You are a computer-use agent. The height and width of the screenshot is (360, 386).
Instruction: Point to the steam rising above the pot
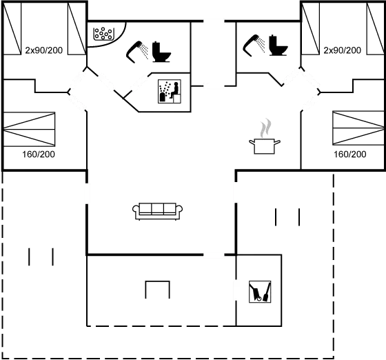point(263,129)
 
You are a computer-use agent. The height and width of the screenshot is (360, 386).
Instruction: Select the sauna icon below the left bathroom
point(170,90)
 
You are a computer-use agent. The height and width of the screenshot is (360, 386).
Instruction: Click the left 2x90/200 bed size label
point(43,51)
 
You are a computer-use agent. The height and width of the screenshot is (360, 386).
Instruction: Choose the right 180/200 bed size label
point(349,154)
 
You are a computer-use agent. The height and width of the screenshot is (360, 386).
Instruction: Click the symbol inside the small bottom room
point(259,292)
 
